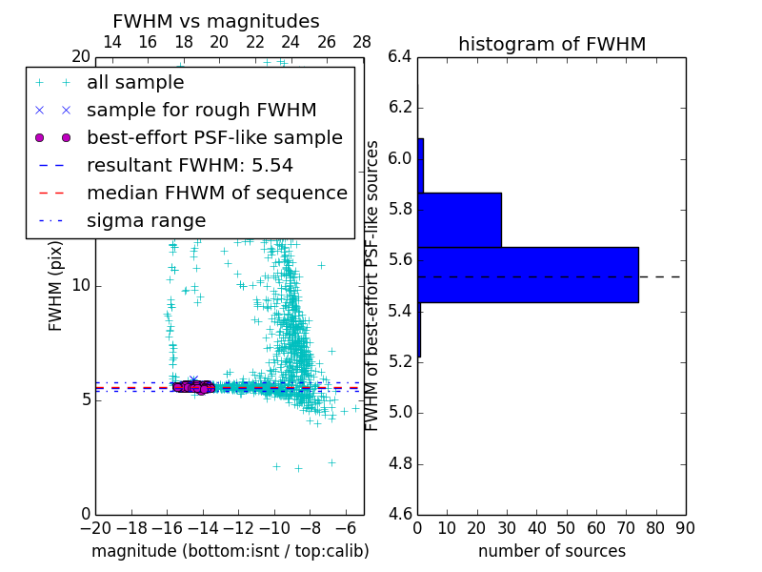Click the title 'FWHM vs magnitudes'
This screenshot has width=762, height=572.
pos(216,21)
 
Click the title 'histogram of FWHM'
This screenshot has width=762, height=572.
pos(551,44)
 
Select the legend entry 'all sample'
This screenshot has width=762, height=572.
pos(135,83)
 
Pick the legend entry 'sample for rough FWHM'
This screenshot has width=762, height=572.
pos(201,111)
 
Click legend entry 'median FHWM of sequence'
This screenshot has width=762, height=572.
pos(216,194)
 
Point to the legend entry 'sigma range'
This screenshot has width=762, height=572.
pos(146,221)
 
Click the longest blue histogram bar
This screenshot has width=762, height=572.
pos(528,275)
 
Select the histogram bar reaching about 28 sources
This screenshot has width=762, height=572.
pos(459,219)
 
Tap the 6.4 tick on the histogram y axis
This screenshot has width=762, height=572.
pos(400,56)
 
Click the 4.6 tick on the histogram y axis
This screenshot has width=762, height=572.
pos(400,515)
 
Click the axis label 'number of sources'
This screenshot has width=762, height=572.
pos(551,551)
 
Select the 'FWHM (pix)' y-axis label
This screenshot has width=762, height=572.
pos(56,285)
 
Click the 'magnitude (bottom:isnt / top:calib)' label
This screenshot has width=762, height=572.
pos(230,551)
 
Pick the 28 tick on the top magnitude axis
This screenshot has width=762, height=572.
pos(363,43)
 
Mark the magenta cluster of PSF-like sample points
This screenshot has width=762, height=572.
pos(193,386)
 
